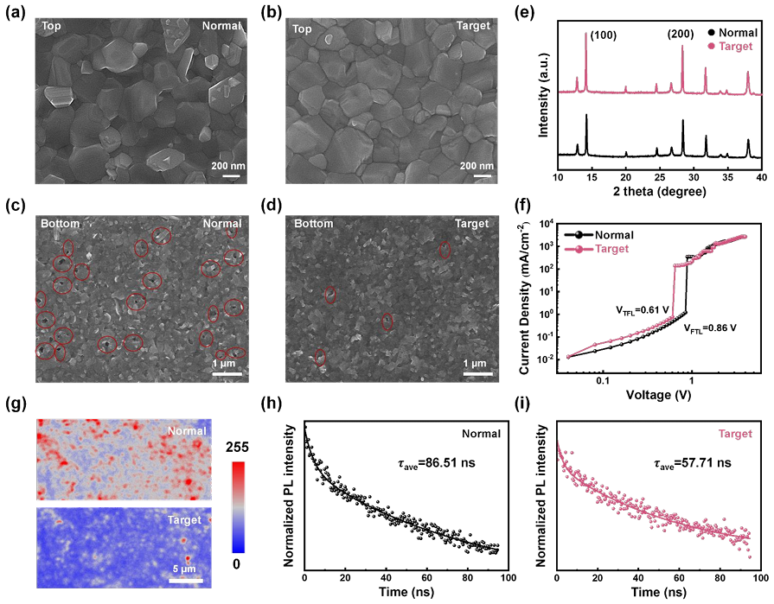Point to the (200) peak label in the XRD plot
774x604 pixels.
click(x=681, y=35)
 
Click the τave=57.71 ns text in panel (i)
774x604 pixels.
click(x=688, y=463)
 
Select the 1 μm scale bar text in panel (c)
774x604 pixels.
click(x=226, y=364)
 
